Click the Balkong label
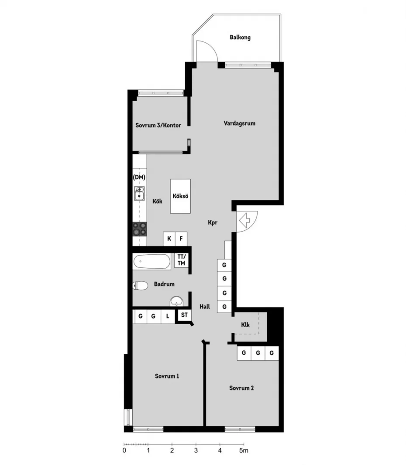pos(240,38)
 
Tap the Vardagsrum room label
pos(240,123)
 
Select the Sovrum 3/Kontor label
pos(158,125)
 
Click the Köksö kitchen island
pos(180,196)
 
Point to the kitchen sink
pos(139,193)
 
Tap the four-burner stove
pos(140,229)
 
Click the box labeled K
pos(169,239)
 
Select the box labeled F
pos(181,239)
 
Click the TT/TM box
pos(181,260)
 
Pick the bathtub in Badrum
pos(151,262)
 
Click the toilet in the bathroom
pos(140,286)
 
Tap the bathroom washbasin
pos(177,301)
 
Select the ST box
pos(184,315)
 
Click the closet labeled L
pos(168,316)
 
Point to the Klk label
pos(245,325)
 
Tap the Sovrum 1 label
pos(167,376)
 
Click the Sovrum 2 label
pos(241,388)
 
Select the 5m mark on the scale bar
pos(244,451)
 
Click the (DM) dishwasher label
pos(139,178)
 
